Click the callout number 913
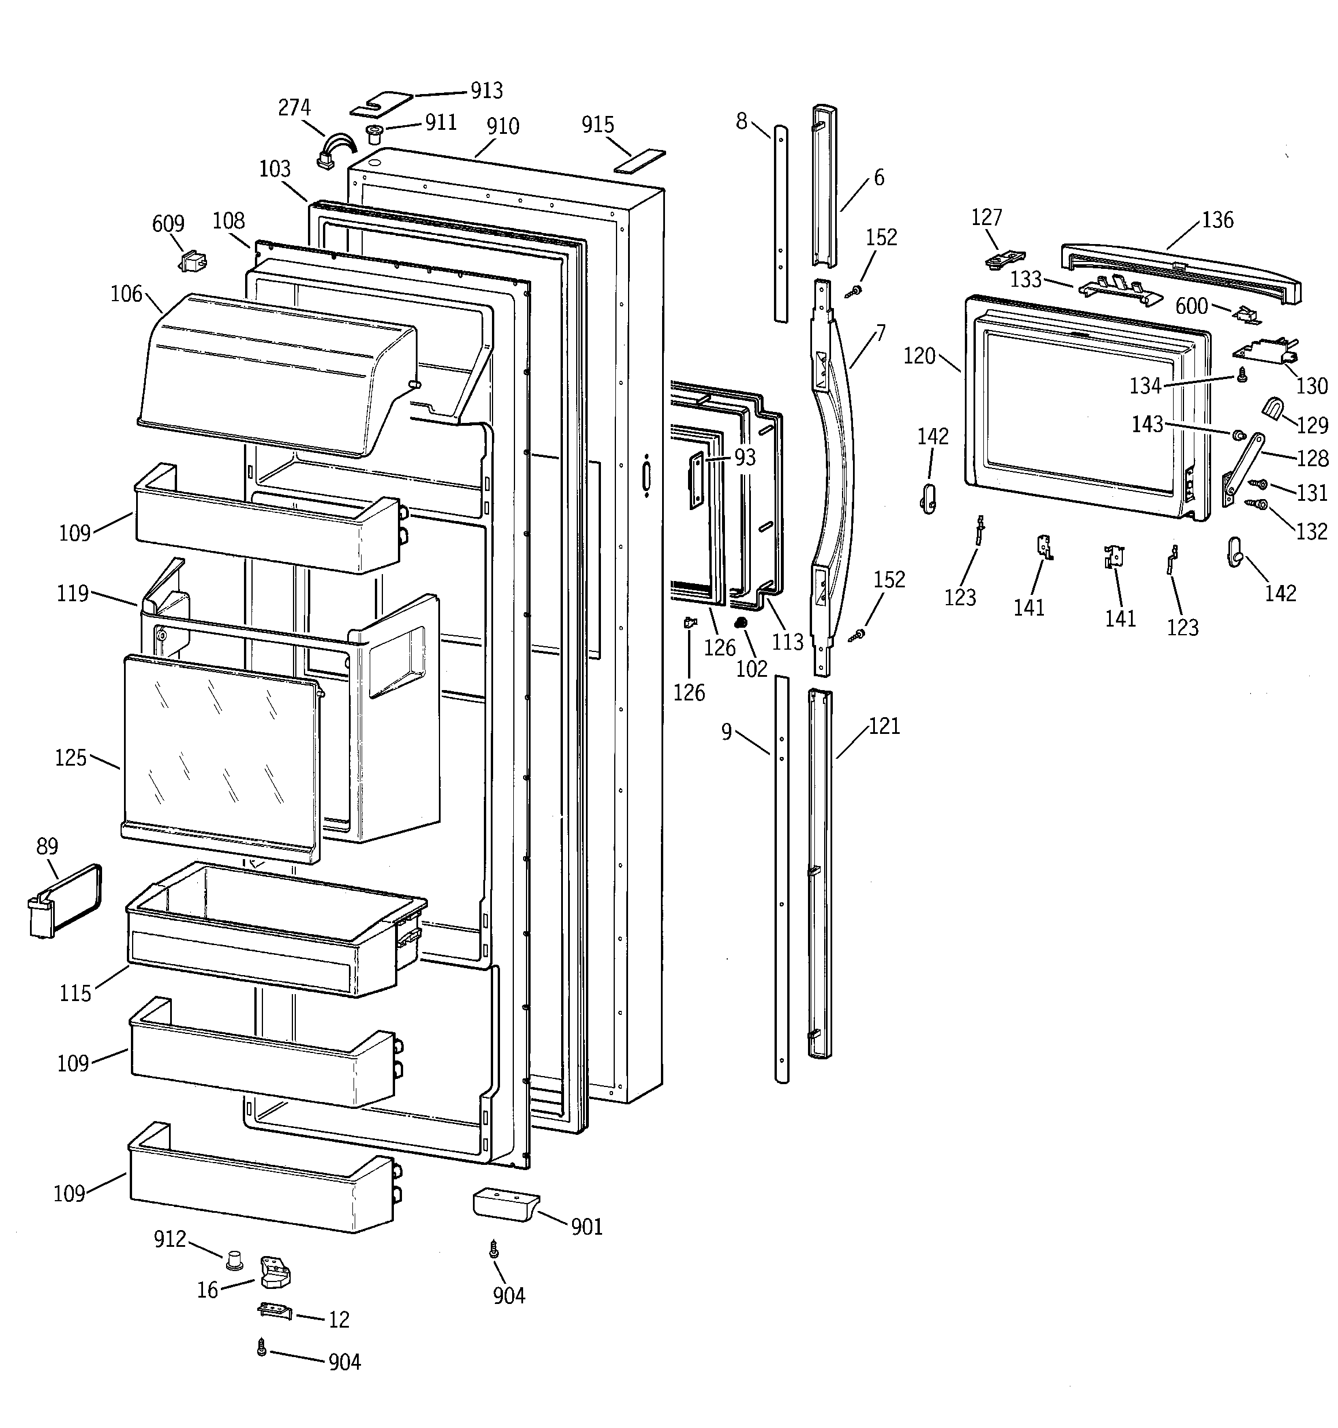pos(486,91)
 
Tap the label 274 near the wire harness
pos(295,108)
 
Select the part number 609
pos(168,224)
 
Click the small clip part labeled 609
pos(191,261)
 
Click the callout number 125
pos(70,758)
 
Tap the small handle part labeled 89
pos(65,901)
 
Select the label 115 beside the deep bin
pos(75,994)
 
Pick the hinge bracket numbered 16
pos(275,1272)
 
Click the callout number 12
pos(339,1320)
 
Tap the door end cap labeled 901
pos(505,1203)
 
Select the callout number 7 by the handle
pos(881,333)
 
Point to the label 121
pos(884,726)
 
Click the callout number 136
pos(1217,220)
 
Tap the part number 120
pos(919,355)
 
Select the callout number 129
pos(1312,425)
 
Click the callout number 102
pos(752,669)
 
